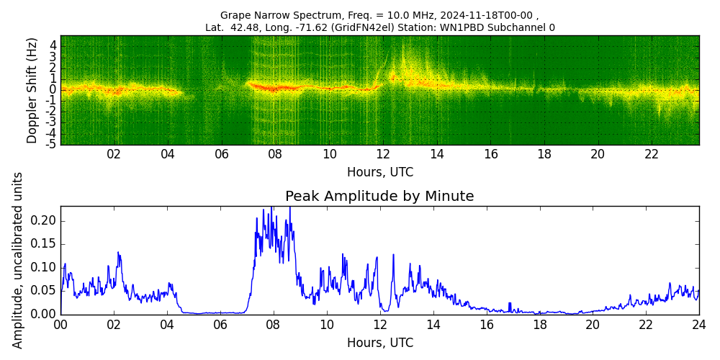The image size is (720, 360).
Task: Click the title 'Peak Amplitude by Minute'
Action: [x=379, y=197]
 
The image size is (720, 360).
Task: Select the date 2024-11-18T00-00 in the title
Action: [x=486, y=15]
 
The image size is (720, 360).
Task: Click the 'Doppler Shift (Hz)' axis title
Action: [x=32, y=90]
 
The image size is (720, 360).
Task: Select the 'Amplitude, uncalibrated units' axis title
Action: [x=18, y=260]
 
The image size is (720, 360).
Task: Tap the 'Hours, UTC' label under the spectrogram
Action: [x=379, y=173]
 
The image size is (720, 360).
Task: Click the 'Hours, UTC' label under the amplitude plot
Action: [x=379, y=343]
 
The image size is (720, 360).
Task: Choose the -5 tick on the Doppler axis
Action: [x=52, y=144]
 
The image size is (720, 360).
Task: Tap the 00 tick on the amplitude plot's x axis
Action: [x=60, y=325]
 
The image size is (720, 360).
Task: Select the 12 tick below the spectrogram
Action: [x=383, y=154]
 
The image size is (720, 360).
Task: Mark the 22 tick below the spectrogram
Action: [x=652, y=154]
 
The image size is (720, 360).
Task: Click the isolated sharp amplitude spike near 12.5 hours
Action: [x=393, y=255]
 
